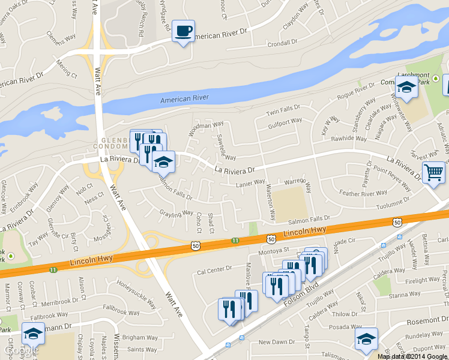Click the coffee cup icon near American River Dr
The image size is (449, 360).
pos(183,30)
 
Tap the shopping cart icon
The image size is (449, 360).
pos(433,172)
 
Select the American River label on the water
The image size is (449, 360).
pos(184,98)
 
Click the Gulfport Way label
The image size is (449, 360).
pos(285,122)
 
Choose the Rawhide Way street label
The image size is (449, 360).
pos(348,139)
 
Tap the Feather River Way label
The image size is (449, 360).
pos(363,193)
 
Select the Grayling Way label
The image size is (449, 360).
pos(176,212)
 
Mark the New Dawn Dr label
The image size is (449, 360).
pos(274,342)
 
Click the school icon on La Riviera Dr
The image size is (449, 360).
pos(163,161)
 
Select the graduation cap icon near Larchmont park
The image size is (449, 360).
pos(406,88)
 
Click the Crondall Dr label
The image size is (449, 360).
pos(282,43)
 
